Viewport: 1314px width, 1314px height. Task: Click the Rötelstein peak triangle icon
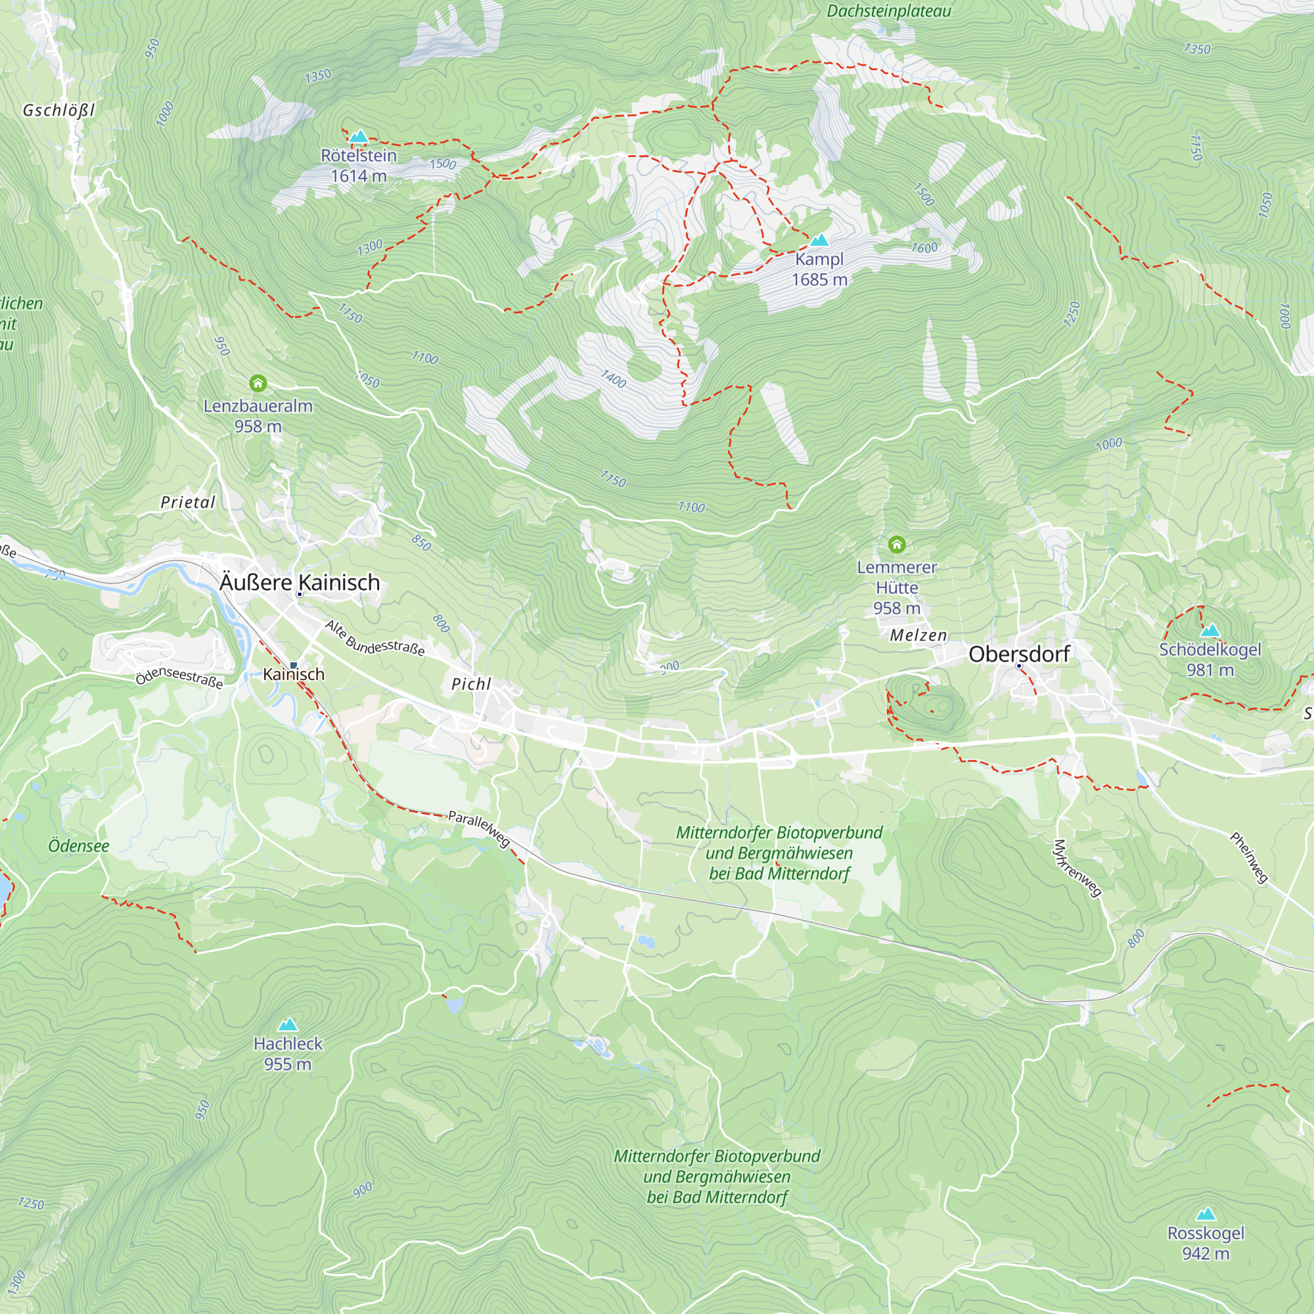(359, 137)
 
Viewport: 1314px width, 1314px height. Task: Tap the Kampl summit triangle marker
(819, 240)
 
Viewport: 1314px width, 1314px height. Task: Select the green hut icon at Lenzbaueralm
(258, 384)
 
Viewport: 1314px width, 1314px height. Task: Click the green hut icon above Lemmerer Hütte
(896, 544)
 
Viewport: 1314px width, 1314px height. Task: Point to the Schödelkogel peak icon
(1210, 631)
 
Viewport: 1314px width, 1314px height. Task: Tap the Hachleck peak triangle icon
(288, 1024)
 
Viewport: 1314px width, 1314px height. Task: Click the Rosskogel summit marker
(1206, 1214)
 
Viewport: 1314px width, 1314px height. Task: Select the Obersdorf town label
(1019, 654)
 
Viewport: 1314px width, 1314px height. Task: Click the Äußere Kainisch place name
(299, 582)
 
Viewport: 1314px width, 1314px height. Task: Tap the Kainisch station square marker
(294, 665)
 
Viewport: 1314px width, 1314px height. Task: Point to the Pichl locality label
(470, 684)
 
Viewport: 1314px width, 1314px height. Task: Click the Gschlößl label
(58, 110)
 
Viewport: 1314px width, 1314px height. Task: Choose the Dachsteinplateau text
(888, 11)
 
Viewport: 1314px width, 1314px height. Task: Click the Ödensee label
(78, 846)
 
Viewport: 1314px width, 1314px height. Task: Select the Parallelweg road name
(479, 828)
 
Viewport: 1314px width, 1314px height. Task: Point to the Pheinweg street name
(1249, 857)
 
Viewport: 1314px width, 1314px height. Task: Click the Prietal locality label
(188, 502)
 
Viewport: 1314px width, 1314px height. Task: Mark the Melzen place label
(918, 635)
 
